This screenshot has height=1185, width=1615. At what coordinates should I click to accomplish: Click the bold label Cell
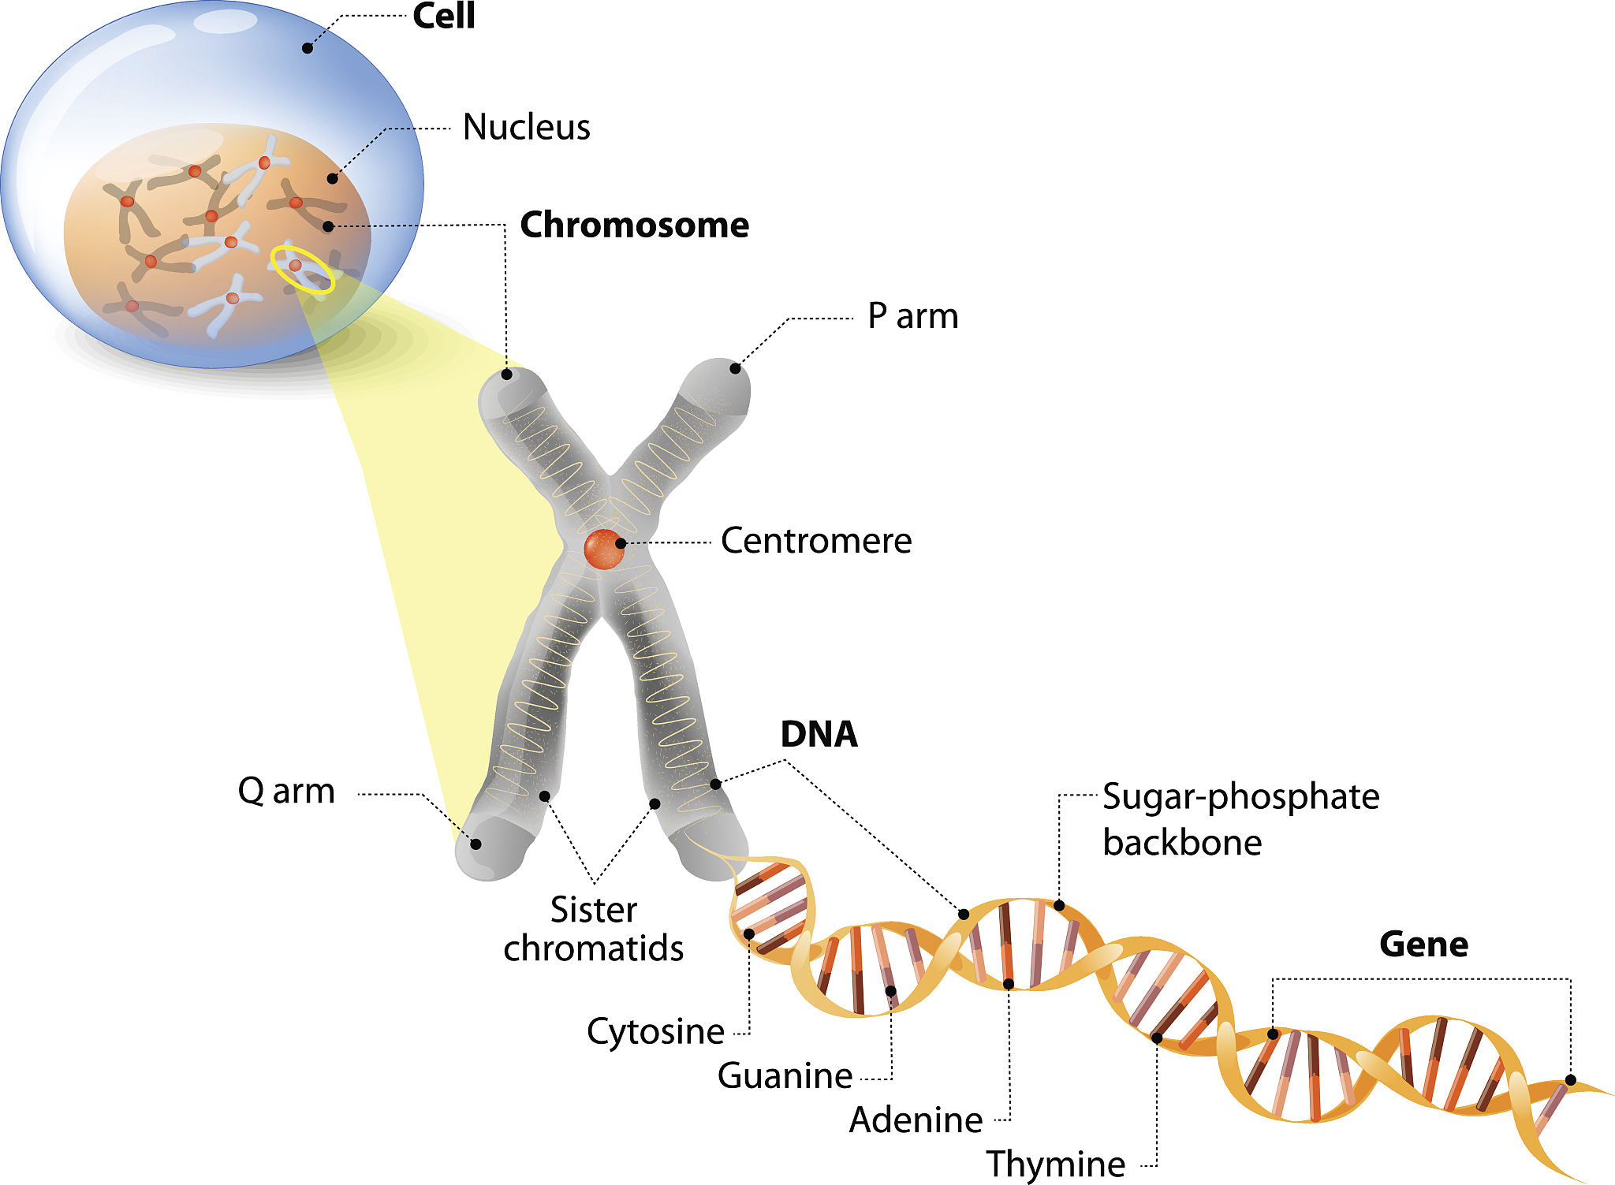click(444, 16)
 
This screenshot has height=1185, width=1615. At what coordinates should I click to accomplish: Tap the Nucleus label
click(526, 127)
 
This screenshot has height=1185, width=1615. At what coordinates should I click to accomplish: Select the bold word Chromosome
click(634, 225)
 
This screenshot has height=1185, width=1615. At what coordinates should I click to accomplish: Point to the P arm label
click(912, 316)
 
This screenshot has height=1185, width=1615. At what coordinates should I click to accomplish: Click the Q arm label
click(286, 791)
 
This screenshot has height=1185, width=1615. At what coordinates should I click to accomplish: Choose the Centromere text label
click(816, 541)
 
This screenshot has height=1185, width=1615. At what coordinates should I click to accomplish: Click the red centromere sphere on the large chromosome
click(603, 550)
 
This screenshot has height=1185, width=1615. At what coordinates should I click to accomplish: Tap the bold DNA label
click(819, 735)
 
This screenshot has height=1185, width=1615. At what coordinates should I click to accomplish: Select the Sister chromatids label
click(594, 929)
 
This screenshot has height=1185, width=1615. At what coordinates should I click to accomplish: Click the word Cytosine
click(655, 1031)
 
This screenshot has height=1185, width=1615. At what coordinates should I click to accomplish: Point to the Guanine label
click(785, 1075)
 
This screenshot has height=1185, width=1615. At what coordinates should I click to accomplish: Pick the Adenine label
click(916, 1120)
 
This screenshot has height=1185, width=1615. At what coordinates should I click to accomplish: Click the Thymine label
click(1055, 1164)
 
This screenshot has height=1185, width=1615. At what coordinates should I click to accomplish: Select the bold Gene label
click(1423, 945)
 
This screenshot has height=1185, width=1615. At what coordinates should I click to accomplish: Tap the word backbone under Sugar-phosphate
click(1182, 843)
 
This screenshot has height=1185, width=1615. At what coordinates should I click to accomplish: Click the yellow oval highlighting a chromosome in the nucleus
click(302, 270)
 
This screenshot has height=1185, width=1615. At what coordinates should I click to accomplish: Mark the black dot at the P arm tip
click(735, 368)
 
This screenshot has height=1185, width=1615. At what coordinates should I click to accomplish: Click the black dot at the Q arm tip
click(476, 844)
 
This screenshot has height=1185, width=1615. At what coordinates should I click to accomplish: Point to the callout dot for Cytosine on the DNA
click(749, 934)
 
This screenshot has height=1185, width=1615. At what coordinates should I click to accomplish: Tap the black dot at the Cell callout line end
click(308, 48)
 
